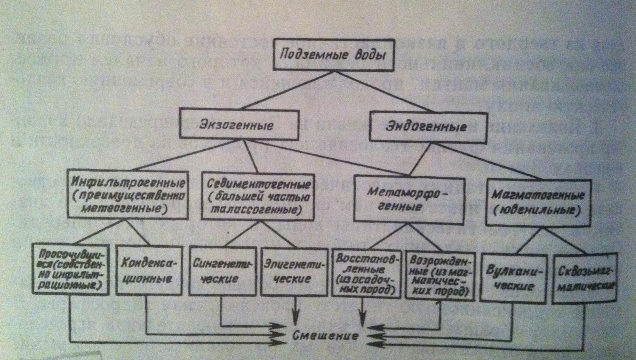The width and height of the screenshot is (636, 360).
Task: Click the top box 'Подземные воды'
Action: tap(331, 55)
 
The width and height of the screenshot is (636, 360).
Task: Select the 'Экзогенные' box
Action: tap(240, 124)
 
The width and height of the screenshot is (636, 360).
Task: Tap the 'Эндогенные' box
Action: tap(427, 126)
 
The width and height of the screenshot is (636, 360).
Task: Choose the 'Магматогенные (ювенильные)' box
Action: tap(538, 202)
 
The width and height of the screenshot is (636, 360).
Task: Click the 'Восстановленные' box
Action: tap(366, 274)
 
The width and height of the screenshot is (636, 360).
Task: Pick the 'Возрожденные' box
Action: tap(439, 276)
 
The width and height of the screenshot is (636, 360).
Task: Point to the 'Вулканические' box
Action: tap(513, 277)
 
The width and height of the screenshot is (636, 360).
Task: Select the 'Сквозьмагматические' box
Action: tap(585, 277)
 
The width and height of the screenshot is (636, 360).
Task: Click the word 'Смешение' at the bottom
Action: tap(325, 335)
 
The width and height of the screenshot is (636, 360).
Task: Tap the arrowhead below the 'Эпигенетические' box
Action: tap(296, 318)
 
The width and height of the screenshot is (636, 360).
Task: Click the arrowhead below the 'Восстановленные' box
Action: tap(362, 319)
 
